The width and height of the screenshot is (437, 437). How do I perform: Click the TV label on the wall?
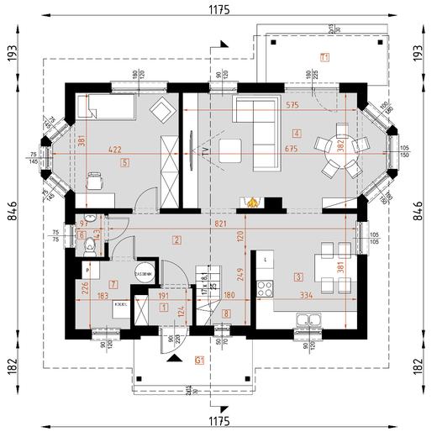point(203,153)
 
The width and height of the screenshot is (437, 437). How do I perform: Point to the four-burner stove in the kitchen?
point(265,288)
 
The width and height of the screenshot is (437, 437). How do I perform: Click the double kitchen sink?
point(311,319)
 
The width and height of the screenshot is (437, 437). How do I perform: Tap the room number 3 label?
point(297,276)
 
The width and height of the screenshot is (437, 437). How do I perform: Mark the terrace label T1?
point(324,56)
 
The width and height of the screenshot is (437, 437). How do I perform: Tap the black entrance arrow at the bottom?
point(175,359)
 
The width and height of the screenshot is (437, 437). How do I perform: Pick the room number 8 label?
point(225,313)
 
